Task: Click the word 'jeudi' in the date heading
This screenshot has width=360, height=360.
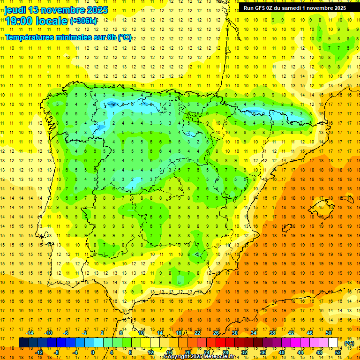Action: [x=15, y=10]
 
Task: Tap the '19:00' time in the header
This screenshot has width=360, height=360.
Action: [x=19, y=21]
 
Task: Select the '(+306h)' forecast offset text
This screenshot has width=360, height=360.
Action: [x=83, y=21]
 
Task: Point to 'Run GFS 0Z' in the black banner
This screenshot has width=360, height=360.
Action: [x=259, y=8]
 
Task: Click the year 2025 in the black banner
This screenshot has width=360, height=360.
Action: [x=337, y=8]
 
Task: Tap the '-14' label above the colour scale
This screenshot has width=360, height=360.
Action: [x=30, y=333]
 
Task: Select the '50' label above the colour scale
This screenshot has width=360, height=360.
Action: [x=329, y=333]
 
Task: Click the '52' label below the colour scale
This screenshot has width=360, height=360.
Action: [x=338, y=352]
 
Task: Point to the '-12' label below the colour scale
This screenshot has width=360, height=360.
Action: [x=40, y=352]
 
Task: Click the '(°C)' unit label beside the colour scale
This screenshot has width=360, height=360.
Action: [x=349, y=343]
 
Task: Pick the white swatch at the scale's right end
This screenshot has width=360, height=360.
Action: [x=333, y=343]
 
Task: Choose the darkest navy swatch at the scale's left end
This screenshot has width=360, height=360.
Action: [x=23, y=343]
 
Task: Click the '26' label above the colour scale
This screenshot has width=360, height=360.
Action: [x=216, y=333]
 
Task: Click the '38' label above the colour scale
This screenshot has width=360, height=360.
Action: [x=272, y=333]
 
